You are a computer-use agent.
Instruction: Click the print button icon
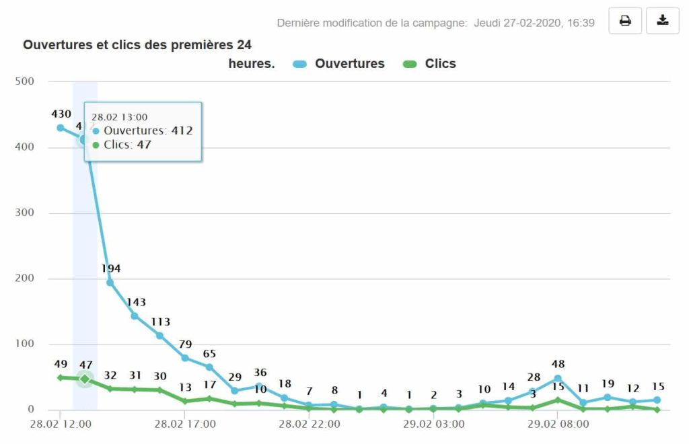click(625, 21)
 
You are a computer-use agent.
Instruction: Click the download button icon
click(663, 21)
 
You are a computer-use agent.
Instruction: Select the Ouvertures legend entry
click(339, 64)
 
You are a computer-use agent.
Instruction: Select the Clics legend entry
click(429, 64)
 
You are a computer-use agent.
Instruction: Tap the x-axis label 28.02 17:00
click(185, 424)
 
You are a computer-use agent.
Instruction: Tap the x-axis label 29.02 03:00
click(433, 424)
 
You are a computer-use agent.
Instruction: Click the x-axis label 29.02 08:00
click(558, 424)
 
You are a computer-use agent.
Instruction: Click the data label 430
click(61, 114)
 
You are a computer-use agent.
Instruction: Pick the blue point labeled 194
click(110, 283)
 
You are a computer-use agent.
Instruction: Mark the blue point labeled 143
click(135, 316)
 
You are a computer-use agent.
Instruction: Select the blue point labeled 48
click(558, 379)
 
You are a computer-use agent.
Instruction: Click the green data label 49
click(61, 365)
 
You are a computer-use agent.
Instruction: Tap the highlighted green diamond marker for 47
click(85, 379)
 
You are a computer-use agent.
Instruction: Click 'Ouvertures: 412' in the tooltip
click(147, 131)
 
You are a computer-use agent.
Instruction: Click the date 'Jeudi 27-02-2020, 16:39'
click(534, 23)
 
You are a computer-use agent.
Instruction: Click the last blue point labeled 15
click(657, 400)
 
